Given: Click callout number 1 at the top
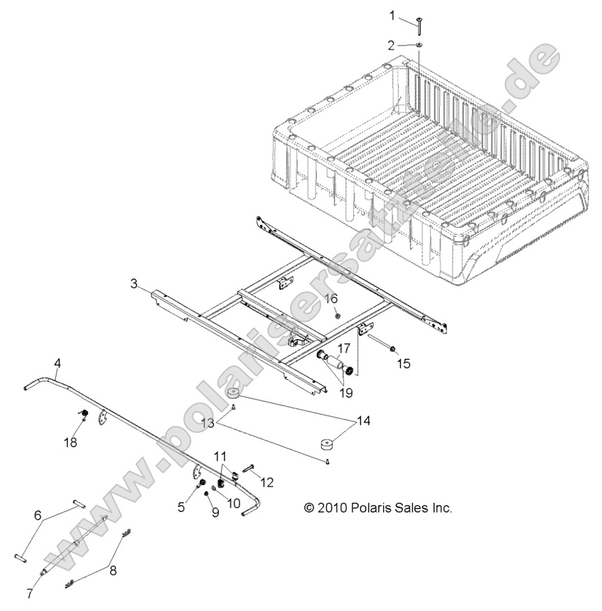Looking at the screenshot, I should (392, 15).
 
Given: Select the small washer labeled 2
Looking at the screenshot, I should (418, 45).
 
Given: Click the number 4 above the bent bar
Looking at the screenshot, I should (57, 362).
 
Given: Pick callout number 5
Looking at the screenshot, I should (181, 508).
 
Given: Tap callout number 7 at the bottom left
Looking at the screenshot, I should (29, 594).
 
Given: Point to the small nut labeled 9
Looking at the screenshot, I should (208, 494).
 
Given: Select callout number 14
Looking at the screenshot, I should (363, 421).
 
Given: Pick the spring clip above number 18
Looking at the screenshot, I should (81, 417).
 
